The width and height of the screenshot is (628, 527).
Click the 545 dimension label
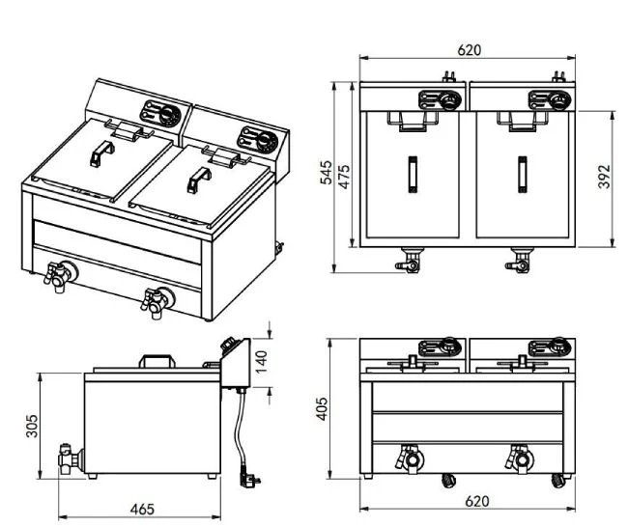click(x=327, y=173)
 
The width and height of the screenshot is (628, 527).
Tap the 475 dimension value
click(x=344, y=176)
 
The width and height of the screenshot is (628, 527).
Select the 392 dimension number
click(x=604, y=176)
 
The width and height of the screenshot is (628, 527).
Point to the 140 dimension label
click(x=261, y=362)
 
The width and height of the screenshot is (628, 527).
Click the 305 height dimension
click(x=32, y=426)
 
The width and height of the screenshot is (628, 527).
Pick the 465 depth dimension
click(x=142, y=509)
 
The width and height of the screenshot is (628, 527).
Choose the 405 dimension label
click(x=323, y=408)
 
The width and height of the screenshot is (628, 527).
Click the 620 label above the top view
click(x=469, y=50)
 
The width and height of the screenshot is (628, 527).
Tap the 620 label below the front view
click(x=477, y=501)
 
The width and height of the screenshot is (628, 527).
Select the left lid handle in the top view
click(x=413, y=175)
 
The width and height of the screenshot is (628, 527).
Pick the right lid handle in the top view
click(x=523, y=175)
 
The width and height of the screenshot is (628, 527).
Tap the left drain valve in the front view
click(x=410, y=458)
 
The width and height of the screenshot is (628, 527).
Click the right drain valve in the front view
click(x=520, y=458)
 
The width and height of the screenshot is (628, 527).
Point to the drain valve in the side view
click(x=71, y=458)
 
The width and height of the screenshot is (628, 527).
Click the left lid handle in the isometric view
click(x=101, y=153)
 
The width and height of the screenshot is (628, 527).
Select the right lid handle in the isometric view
click(x=199, y=180)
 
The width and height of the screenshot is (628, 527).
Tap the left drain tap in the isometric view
click(x=60, y=276)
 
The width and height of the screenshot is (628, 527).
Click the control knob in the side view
click(x=230, y=345)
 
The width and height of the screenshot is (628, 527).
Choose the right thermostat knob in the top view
click(x=558, y=100)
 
